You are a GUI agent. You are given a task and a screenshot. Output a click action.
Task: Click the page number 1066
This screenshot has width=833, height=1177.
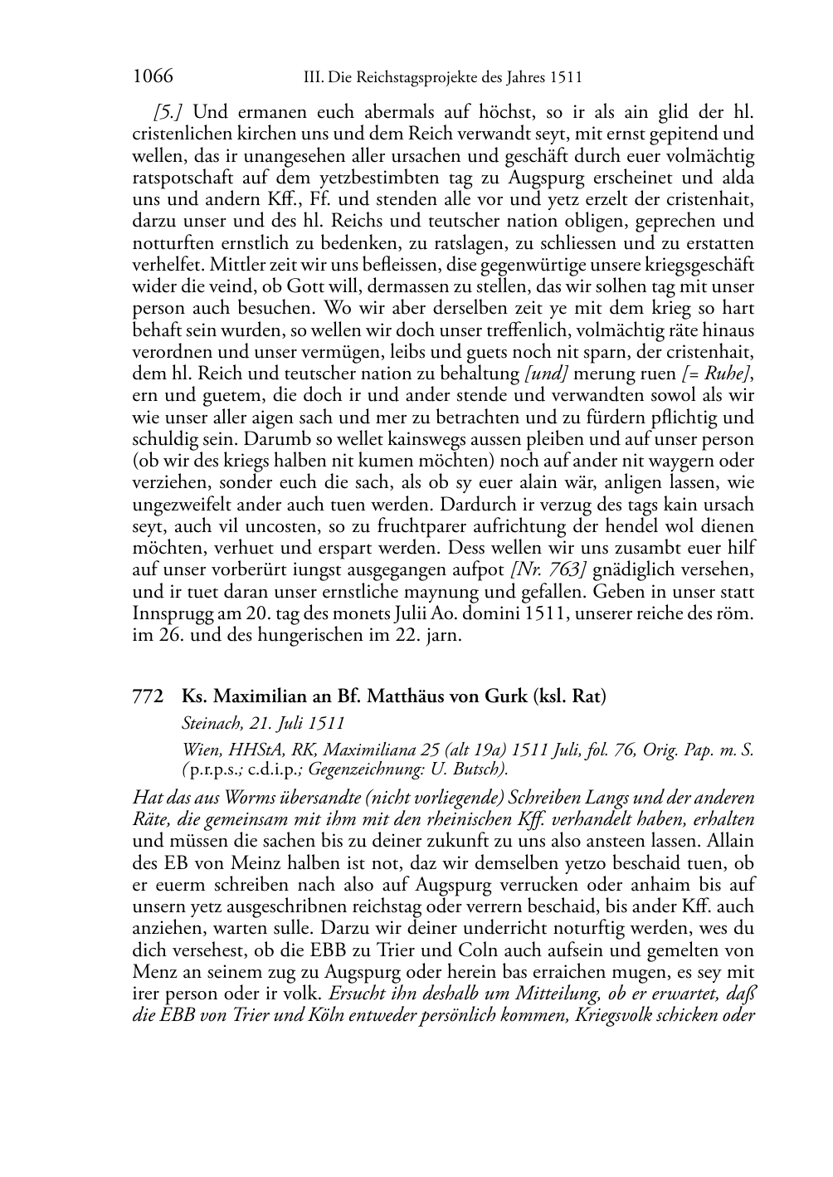153,76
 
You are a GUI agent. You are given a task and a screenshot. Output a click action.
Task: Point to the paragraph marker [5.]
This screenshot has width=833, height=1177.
168,112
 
